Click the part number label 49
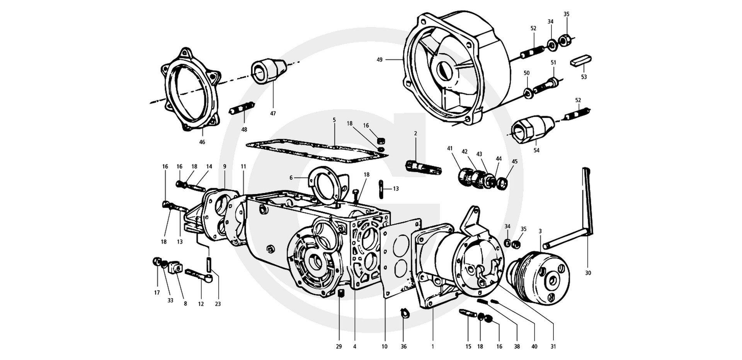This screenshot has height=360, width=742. click(x=380, y=60)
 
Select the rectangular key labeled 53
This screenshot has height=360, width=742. click(x=581, y=61)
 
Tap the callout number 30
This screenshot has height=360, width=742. click(x=588, y=273)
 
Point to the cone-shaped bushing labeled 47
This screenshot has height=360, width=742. click(x=268, y=71)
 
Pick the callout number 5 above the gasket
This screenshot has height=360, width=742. click(x=334, y=120)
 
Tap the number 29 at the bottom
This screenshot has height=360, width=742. click(x=339, y=346)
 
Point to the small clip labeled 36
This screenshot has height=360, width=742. click(x=403, y=312)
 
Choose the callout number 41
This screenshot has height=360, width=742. click(x=450, y=148)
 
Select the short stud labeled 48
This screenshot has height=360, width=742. click(x=242, y=108)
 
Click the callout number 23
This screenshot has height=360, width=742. click(x=218, y=304)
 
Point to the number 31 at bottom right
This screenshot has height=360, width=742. click(x=553, y=346)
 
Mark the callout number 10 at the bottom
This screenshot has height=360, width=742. click(x=385, y=346)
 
